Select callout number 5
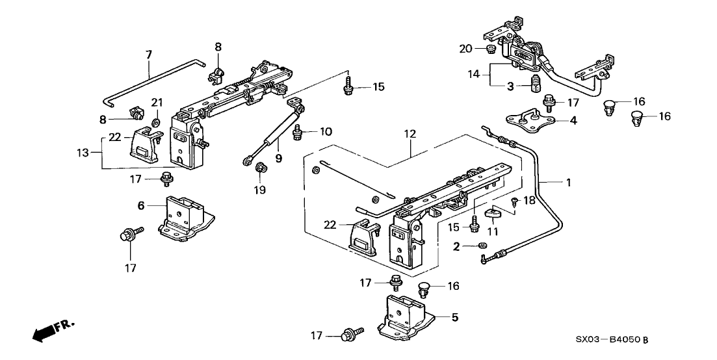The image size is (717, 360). pyautogui.click(x=455, y=318)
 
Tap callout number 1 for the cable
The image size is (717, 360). pyautogui.click(x=568, y=183)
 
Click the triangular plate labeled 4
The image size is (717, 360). pyautogui.click(x=534, y=122)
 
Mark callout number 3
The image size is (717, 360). pyautogui.click(x=511, y=86)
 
